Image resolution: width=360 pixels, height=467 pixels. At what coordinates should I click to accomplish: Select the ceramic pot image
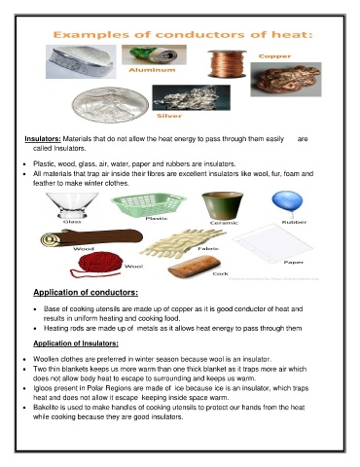[x=222, y=203]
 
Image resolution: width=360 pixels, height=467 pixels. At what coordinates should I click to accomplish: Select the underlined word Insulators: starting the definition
[x=49, y=140]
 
